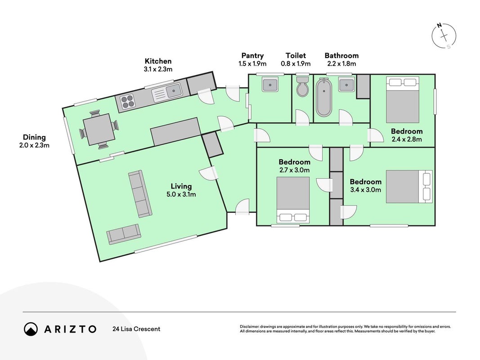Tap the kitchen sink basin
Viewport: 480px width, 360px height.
pos(175,90)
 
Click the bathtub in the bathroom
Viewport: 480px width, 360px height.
pos(324,98)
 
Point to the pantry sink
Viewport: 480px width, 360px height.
pos(270,84)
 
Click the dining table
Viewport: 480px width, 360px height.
pos(99,129)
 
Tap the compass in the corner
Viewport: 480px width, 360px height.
pos(444,36)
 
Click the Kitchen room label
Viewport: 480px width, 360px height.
pos(158,61)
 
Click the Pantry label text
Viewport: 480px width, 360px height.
pos(252,56)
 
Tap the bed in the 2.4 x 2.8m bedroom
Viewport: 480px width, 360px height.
pos(402,100)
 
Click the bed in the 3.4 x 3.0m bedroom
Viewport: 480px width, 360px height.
pos(409,187)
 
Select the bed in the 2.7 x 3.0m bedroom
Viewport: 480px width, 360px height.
pos(293,200)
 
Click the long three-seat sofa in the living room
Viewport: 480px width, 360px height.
pos(140,194)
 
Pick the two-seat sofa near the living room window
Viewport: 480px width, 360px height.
pos(124,234)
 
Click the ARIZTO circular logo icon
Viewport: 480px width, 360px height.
pos(31,329)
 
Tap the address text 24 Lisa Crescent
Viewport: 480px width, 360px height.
pos(136,329)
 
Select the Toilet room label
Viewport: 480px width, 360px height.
pos(296,55)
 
